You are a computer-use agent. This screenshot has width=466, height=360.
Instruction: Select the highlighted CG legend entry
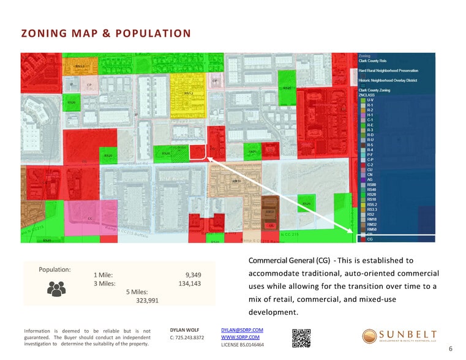pyautogui.click(x=370, y=239)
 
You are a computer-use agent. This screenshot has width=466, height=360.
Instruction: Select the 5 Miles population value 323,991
pyautogui.click(x=147, y=300)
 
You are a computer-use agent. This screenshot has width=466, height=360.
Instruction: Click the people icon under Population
pyautogui.click(x=56, y=288)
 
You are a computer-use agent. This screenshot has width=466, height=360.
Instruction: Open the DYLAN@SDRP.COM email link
pyautogui.click(x=242, y=330)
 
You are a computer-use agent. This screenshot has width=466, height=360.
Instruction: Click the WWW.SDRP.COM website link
pyautogui.click(x=240, y=337)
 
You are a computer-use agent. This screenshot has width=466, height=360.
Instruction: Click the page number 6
pyautogui.click(x=450, y=348)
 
